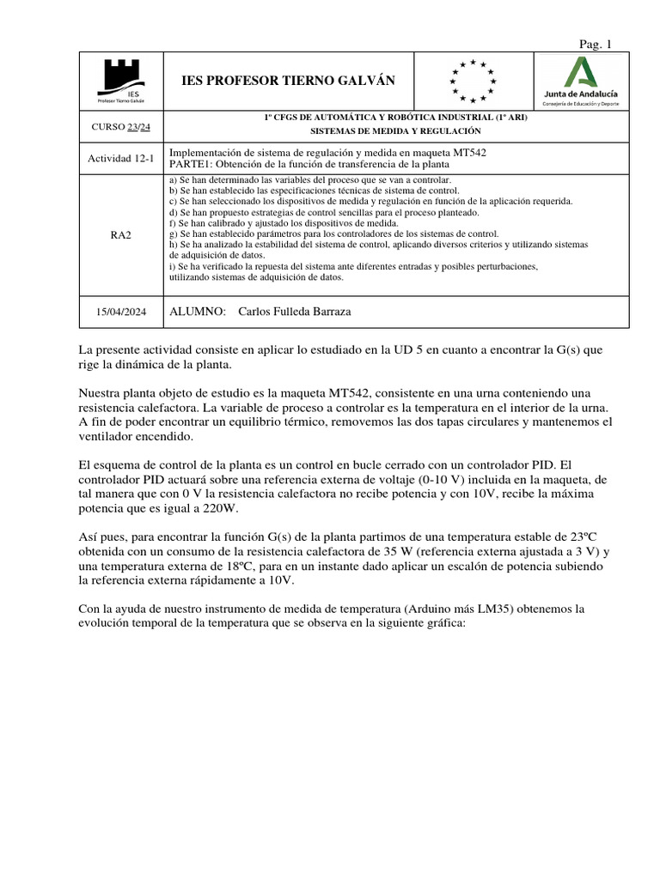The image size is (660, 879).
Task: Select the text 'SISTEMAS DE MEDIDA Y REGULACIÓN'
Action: click(395, 131)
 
